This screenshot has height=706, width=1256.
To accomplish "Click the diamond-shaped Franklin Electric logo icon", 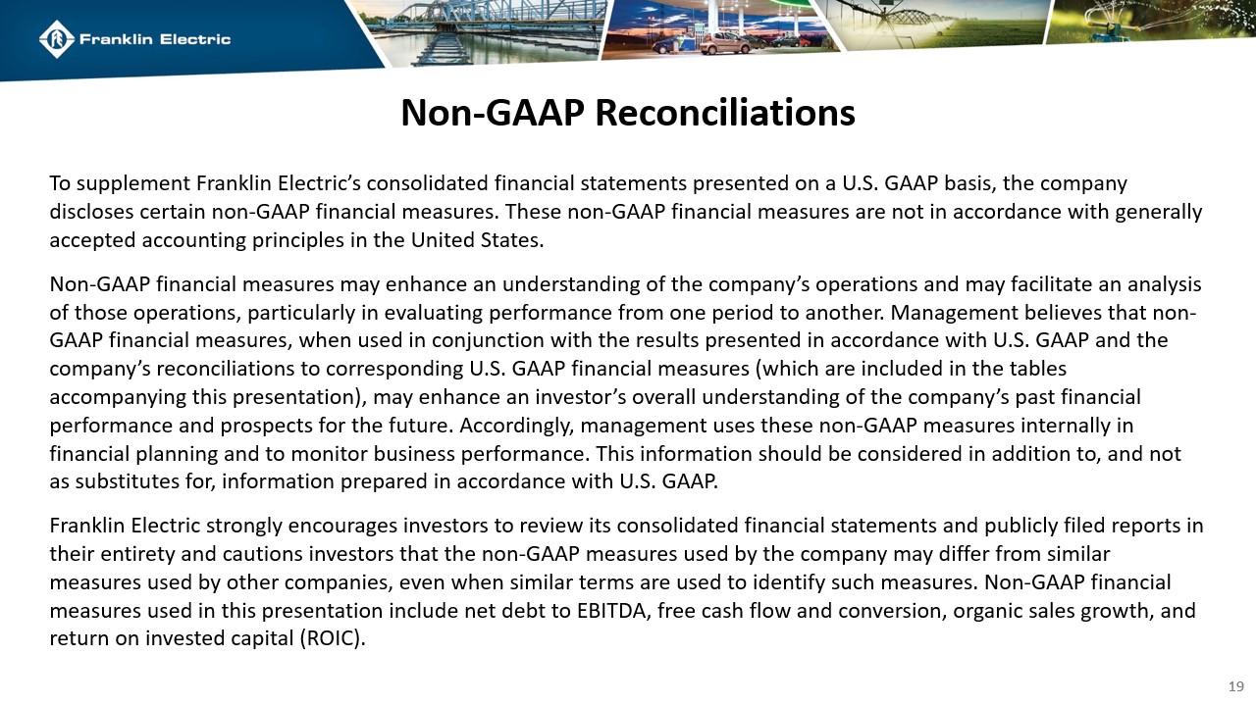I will point(56,39).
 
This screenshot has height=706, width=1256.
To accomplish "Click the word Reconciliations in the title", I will point(724,113).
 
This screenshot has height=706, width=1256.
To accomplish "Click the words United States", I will point(489,239).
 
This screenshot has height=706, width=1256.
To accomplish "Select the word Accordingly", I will point(510,426).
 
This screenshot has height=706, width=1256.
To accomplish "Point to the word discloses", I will point(91,212).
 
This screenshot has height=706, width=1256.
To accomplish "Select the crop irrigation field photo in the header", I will point(932,25).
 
